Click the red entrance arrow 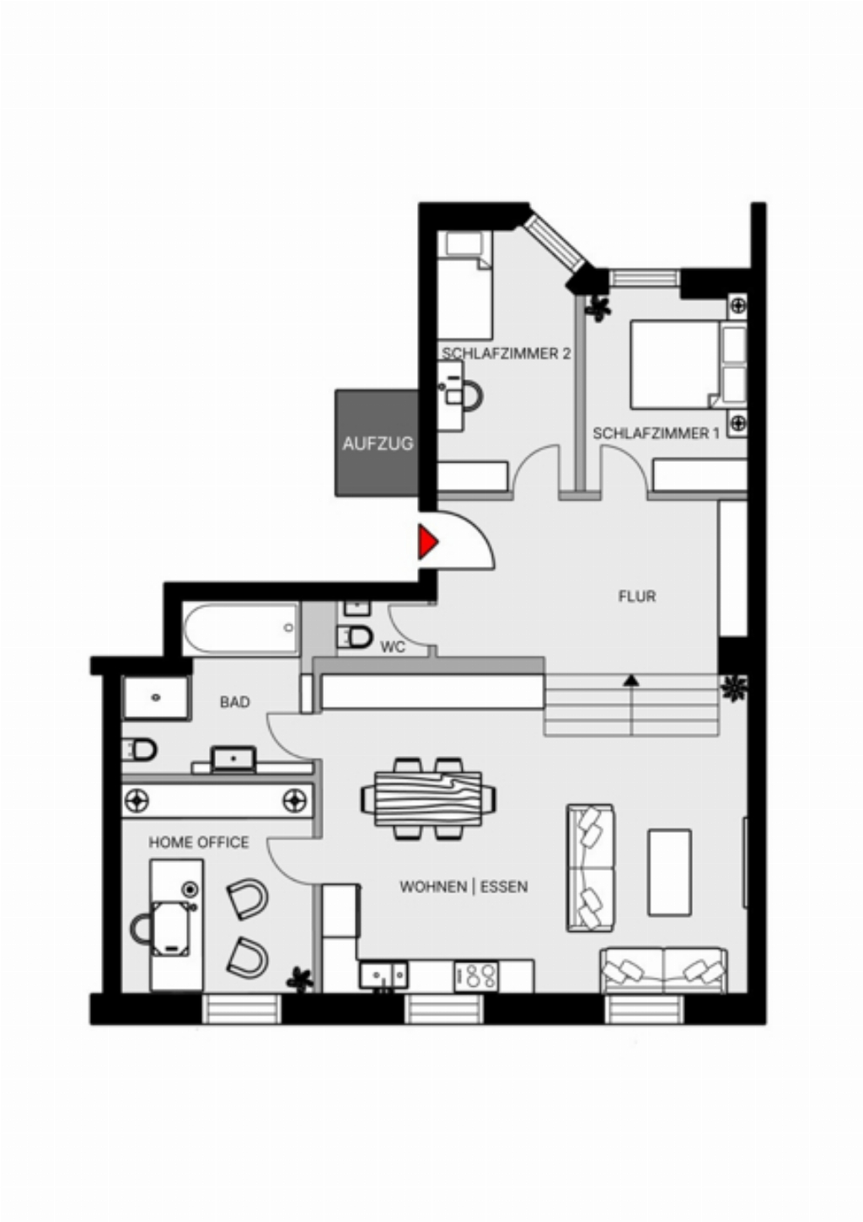427,542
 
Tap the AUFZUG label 378,443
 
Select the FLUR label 636,597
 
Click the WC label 393,647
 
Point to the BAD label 234,702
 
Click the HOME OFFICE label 199,842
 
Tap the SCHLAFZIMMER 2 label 507,353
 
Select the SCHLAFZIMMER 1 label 656,433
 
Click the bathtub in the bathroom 240,629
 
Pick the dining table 428,798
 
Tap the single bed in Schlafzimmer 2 465,285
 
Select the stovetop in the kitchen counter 475,975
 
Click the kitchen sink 383,974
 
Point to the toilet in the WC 354,636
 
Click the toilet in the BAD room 139,749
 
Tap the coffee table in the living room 669,872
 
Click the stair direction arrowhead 631,680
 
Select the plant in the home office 301,979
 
